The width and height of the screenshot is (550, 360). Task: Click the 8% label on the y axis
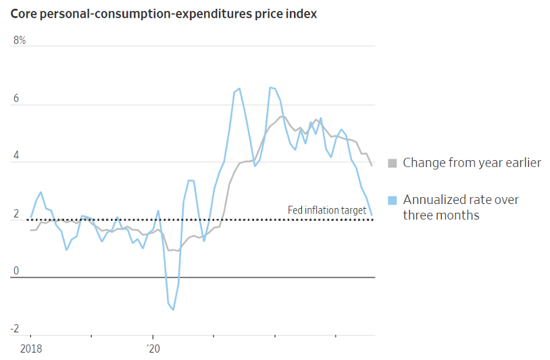(20, 41)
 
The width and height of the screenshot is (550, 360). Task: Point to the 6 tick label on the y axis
(17, 99)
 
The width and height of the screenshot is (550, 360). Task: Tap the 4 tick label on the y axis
(17, 157)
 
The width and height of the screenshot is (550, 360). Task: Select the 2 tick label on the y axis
(17, 215)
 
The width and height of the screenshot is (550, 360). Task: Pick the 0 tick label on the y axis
(17, 272)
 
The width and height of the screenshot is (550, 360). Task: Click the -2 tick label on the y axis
(15, 330)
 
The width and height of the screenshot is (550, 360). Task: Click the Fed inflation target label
(327, 211)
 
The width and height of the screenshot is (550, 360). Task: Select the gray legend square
(392, 163)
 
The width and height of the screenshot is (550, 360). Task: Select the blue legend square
(392, 200)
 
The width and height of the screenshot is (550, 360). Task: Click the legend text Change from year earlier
(472, 163)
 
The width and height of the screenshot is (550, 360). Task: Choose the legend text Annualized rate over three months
(461, 207)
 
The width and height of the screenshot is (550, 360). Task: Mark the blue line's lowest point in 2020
(174, 310)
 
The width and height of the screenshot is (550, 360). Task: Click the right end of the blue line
(372, 215)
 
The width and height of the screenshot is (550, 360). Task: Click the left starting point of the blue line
(30, 217)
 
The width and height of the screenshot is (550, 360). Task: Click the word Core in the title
(22, 14)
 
